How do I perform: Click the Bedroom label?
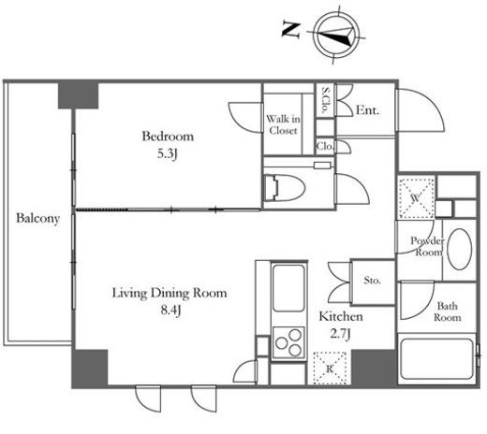click(168, 137)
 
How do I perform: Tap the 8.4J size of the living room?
click(170, 311)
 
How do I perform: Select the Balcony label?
click(37, 218)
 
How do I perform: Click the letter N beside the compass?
click(291, 30)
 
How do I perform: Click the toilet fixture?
click(284, 187)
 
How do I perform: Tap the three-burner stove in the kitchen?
click(288, 342)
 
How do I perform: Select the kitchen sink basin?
click(288, 287)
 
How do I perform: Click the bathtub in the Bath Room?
click(437, 358)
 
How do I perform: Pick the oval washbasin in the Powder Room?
click(459, 249)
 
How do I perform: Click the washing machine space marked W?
click(416, 197)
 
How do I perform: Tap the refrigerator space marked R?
click(330, 369)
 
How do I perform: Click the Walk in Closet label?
click(284, 124)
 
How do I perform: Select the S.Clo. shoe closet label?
click(325, 100)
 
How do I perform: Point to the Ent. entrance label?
click(368, 110)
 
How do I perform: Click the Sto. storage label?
click(372, 280)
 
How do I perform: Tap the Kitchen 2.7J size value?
click(340, 334)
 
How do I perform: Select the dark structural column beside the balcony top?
click(79, 95)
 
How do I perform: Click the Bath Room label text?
click(448, 311)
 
